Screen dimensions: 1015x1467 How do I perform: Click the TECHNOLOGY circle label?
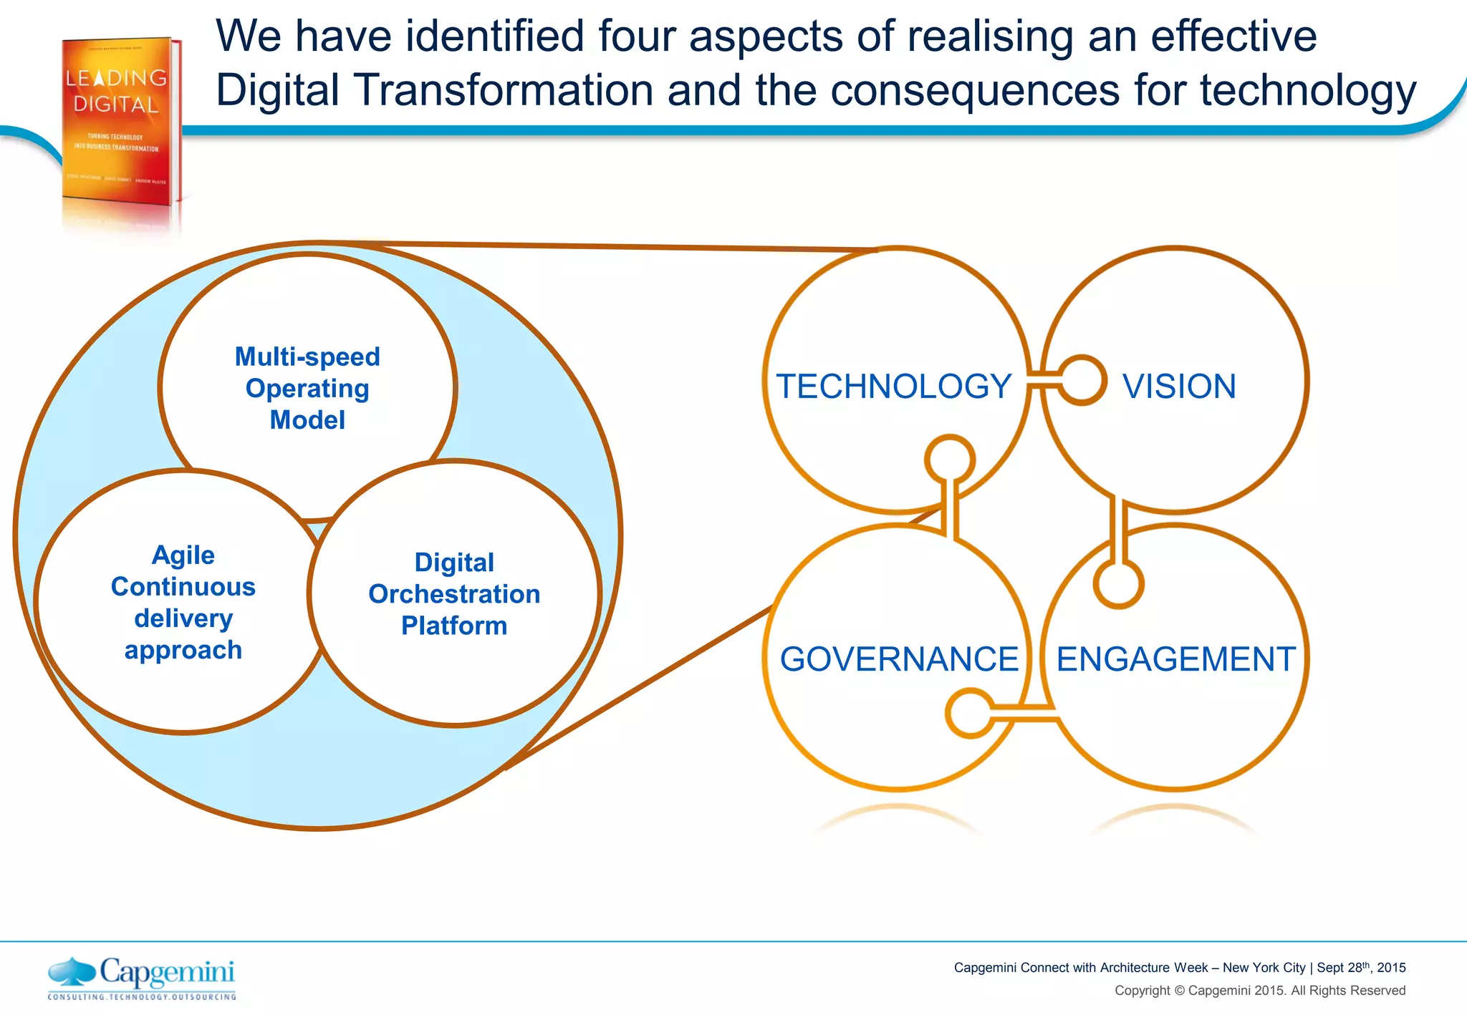point(893,387)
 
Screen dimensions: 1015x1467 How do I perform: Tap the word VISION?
point(1179,387)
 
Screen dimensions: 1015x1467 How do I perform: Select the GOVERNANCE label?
point(898,659)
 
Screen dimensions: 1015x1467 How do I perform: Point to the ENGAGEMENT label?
point(1175,659)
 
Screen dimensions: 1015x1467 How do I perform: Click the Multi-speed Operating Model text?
point(307,388)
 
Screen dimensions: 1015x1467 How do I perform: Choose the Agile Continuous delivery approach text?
point(183,602)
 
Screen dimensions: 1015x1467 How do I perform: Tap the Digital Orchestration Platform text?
point(454,593)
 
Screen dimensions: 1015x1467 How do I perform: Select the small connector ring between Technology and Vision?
point(1082,380)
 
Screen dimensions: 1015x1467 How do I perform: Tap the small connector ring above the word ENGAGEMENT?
point(1118,583)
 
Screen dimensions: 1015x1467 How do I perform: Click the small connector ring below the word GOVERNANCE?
point(970,713)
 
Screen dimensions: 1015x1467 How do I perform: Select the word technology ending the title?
point(1308,91)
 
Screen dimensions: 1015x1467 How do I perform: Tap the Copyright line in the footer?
point(1259,991)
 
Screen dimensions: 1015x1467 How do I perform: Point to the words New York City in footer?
point(1264,968)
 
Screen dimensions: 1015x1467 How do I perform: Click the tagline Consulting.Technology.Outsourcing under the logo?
point(141,996)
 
